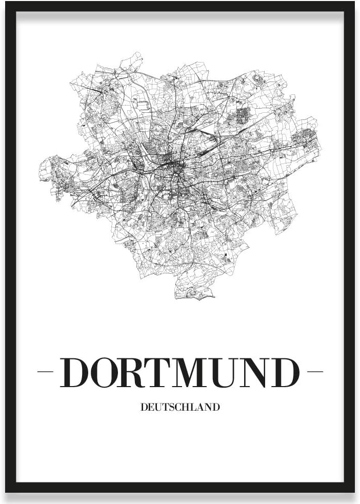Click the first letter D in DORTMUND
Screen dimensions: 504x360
pos(78,373)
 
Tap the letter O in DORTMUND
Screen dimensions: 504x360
pos(109,373)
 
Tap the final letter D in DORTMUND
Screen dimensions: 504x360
pos(285,373)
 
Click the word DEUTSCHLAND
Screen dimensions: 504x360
pos(179,408)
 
